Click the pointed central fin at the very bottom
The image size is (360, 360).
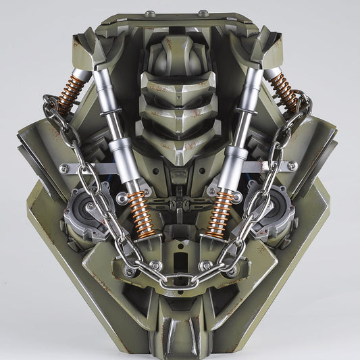pos(180,338)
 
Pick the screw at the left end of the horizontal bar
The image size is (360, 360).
pos(70,164)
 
